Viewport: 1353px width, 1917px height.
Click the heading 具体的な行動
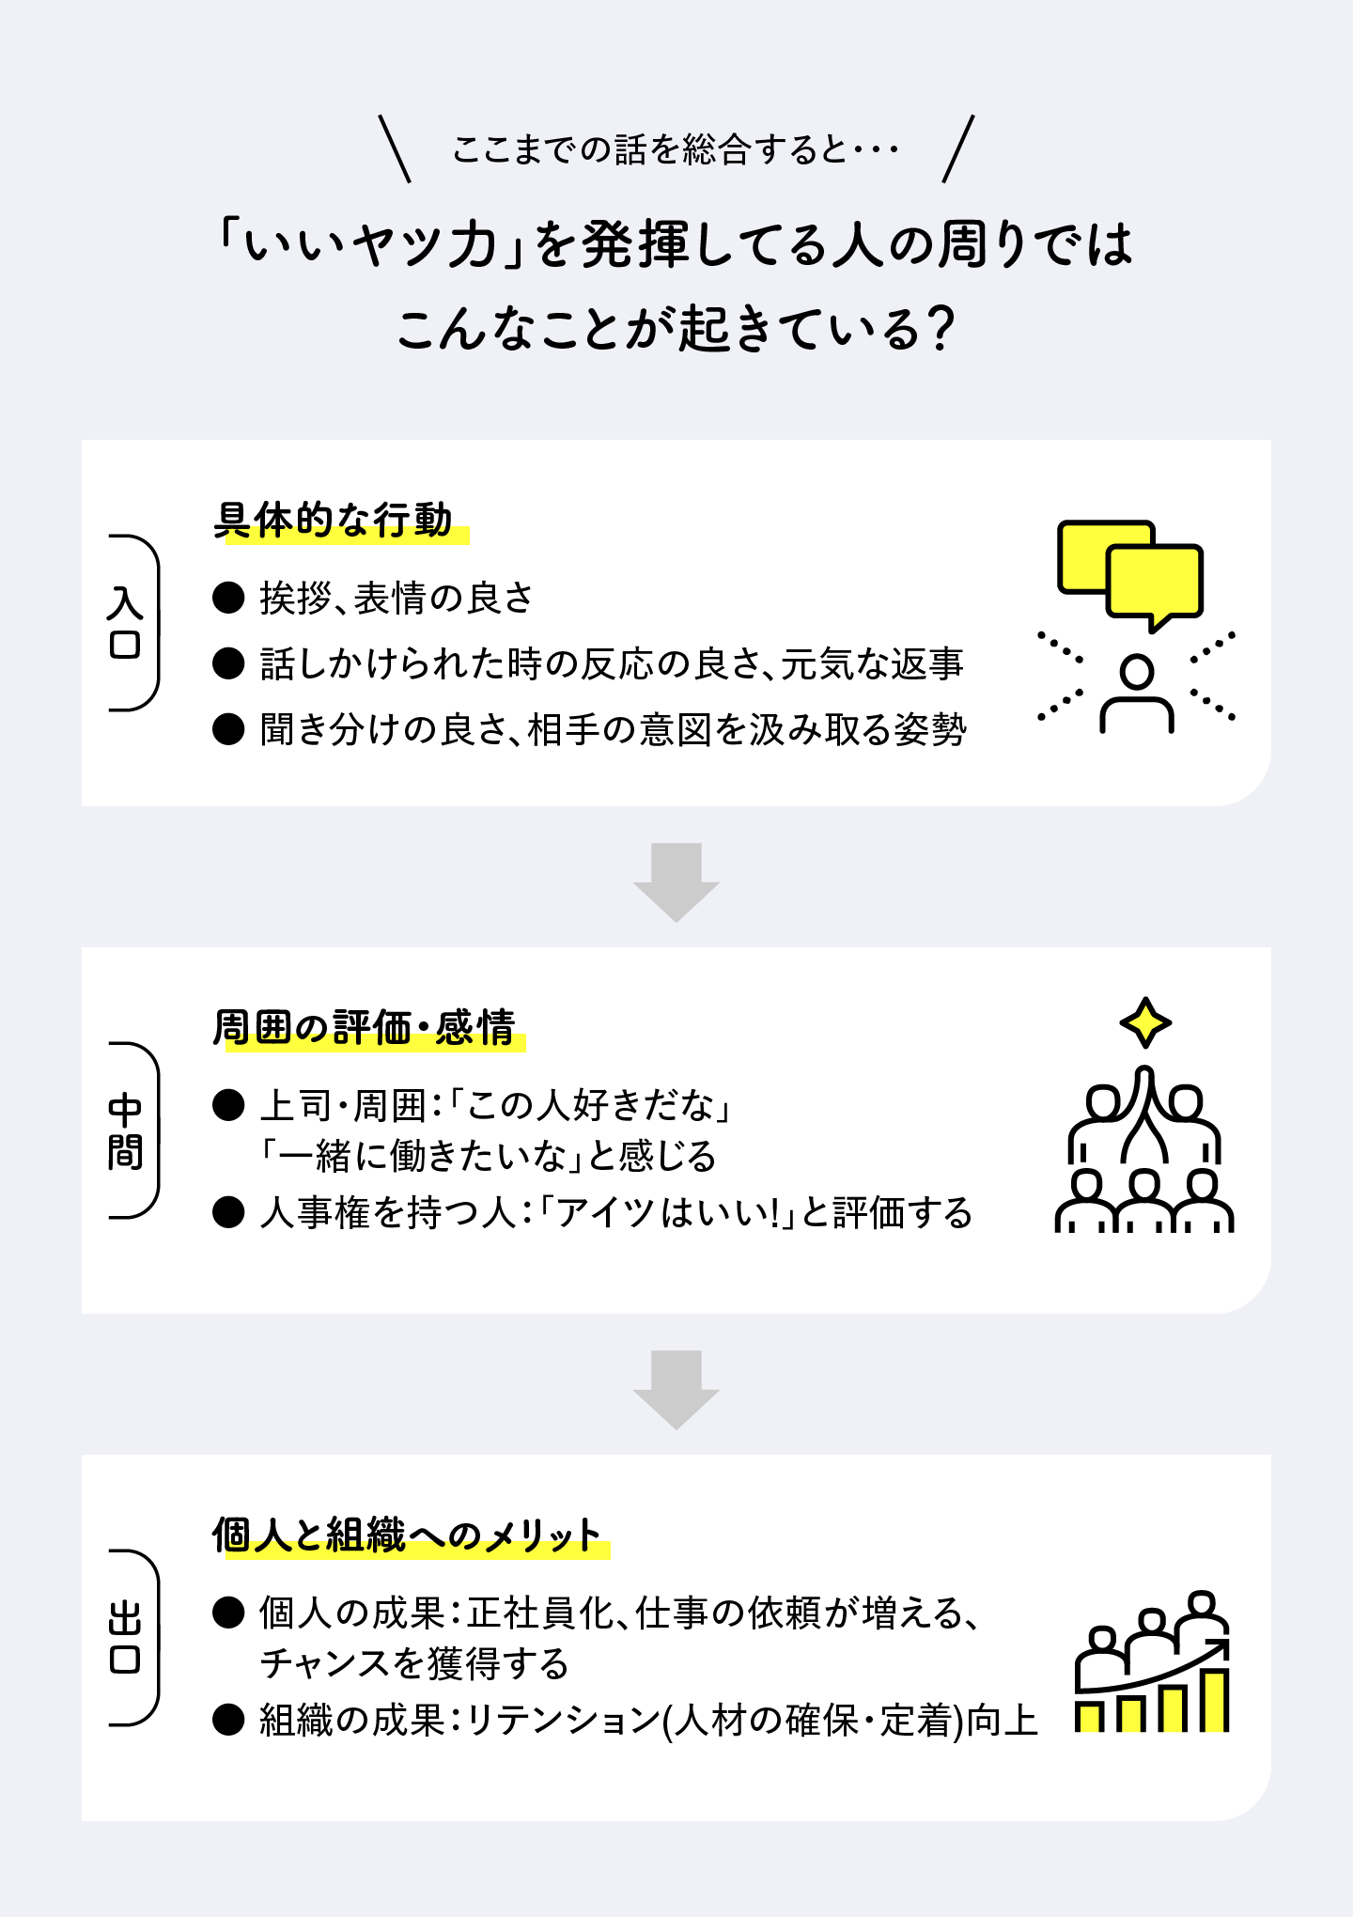coord(333,521)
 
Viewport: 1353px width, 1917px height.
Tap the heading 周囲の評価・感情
coord(364,1028)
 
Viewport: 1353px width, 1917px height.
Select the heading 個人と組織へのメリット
coord(406,1535)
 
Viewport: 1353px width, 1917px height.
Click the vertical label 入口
coord(126,622)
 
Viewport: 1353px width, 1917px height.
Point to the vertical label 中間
coord(126,1130)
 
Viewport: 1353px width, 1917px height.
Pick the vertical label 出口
coord(126,1638)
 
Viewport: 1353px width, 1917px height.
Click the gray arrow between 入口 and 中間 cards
coord(676,881)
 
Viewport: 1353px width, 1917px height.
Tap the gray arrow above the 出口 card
coord(676,1389)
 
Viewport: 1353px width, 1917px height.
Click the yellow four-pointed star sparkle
coord(1145,1022)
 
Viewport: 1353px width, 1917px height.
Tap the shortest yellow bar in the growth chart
coord(1089,1717)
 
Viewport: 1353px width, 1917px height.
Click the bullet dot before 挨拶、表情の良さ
coord(228,598)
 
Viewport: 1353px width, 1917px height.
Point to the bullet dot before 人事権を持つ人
coord(228,1212)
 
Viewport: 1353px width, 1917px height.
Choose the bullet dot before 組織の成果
coord(228,1720)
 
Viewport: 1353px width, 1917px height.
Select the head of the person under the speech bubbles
coord(1137,673)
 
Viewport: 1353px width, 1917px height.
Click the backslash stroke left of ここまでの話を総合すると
coord(395,148)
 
